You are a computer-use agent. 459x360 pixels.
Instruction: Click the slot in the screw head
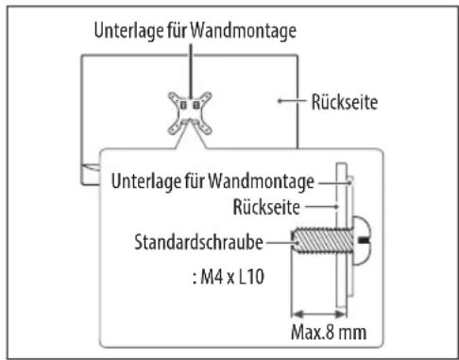click(365, 243)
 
